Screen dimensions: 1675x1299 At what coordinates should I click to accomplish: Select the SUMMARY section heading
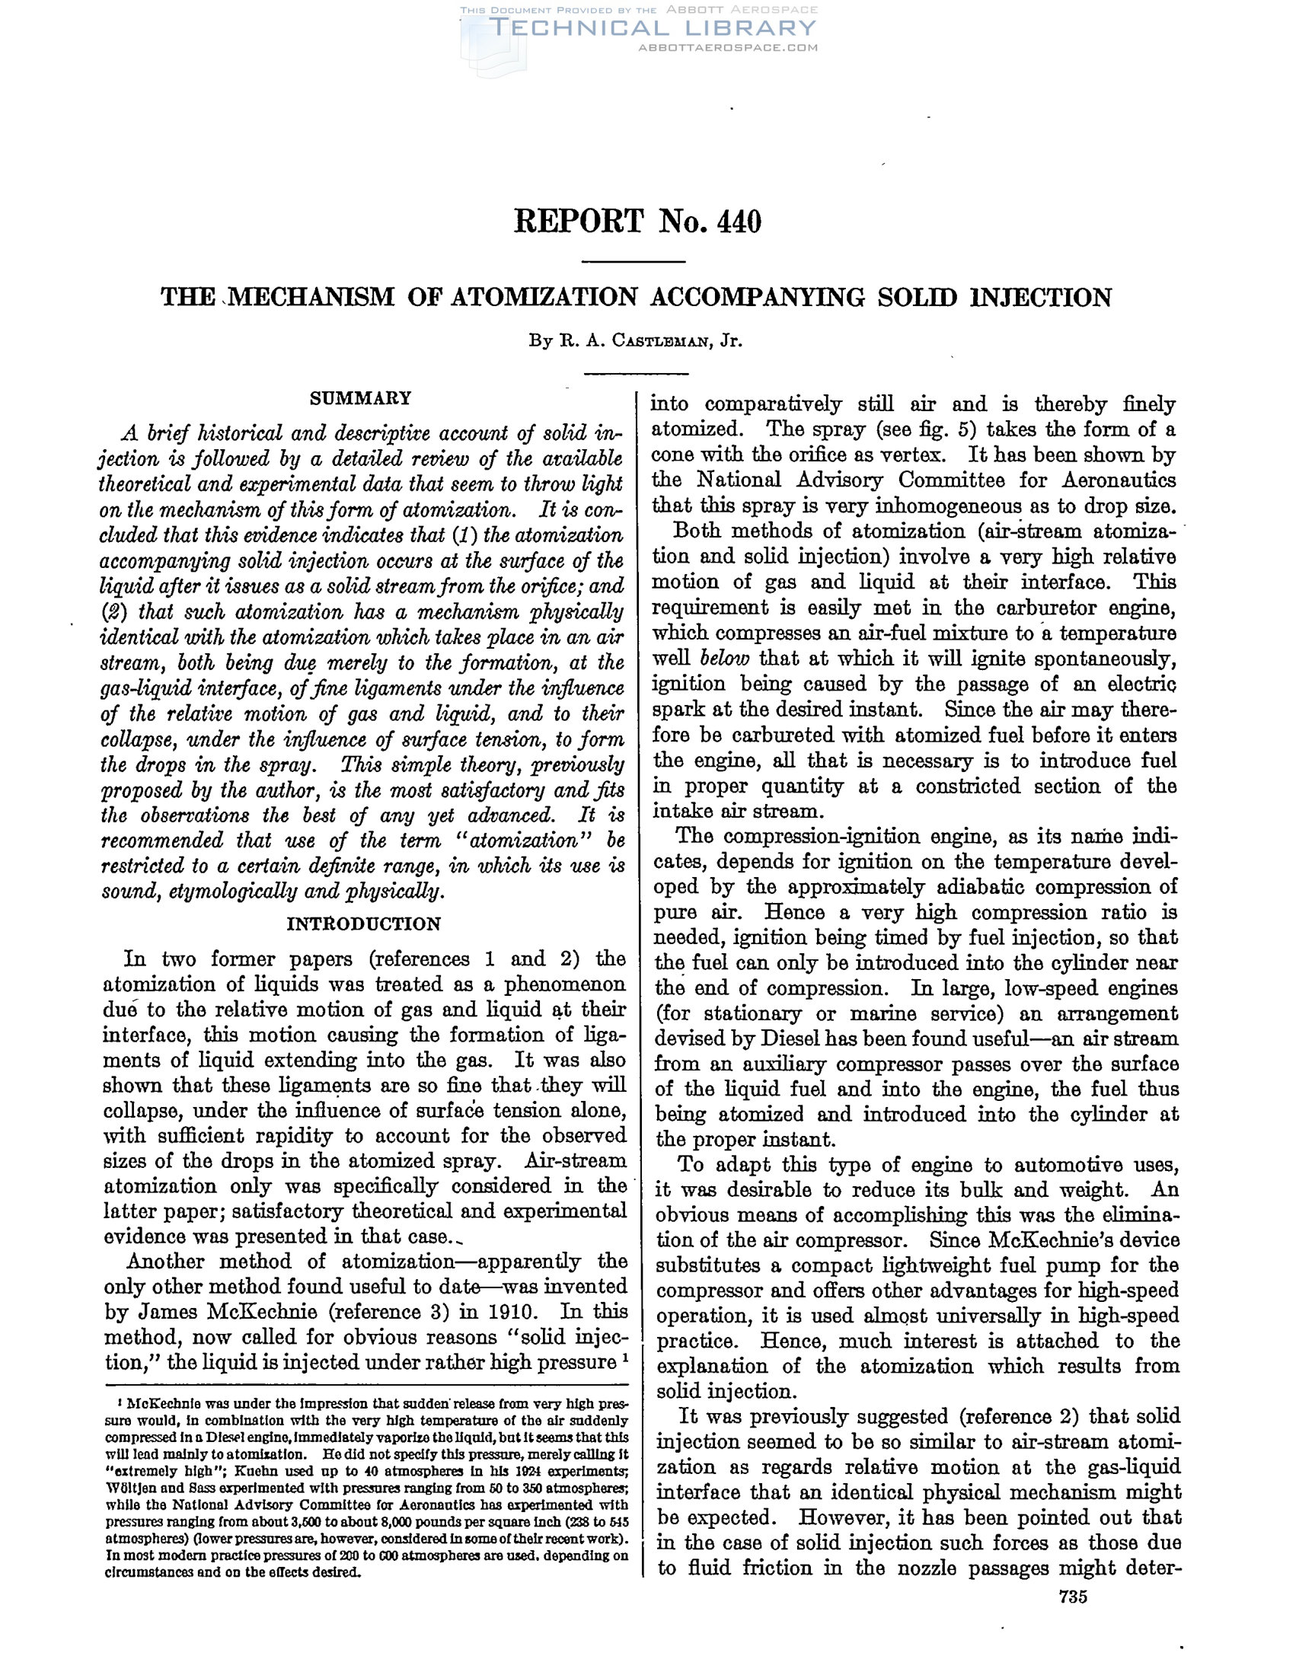point(360,398)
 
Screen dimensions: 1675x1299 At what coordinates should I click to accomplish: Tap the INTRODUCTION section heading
point(363,924)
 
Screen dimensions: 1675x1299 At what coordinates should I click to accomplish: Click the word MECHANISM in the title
point(314,297)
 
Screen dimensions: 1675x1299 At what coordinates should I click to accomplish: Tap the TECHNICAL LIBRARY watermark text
point(652,28)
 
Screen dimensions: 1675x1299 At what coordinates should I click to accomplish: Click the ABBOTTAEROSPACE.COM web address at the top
point(728,47)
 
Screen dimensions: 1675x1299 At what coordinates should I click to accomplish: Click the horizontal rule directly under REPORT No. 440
point(634,263)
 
